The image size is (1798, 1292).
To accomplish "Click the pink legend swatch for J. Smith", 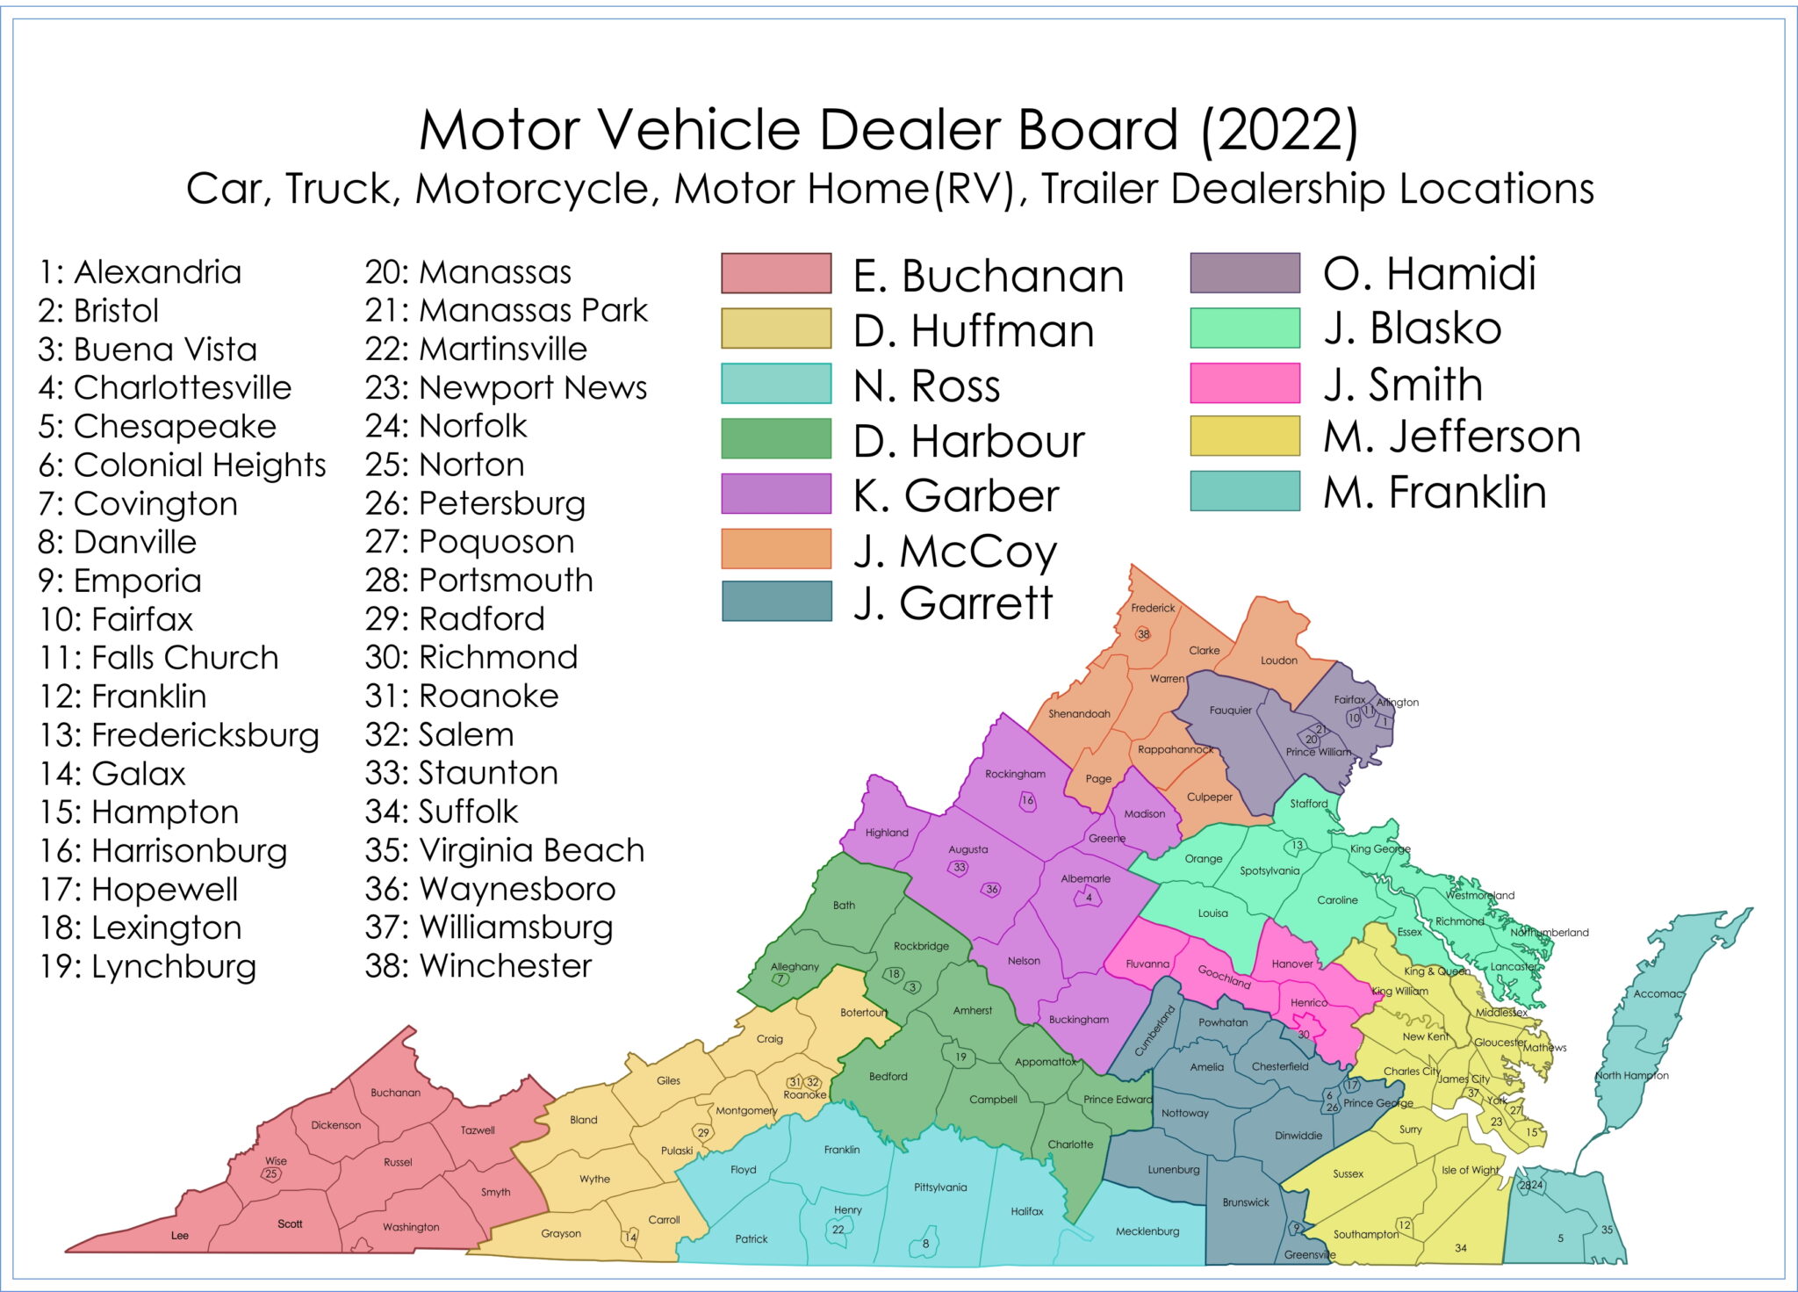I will (x=1244, y=383).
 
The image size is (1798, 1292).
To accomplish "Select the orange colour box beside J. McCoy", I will (x=776, y=549).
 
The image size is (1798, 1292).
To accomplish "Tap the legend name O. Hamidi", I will (x=1429, y=273).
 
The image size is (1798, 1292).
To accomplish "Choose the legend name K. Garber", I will (x=956, y=495).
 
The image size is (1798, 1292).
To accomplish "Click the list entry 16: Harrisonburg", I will (x=163, y=851).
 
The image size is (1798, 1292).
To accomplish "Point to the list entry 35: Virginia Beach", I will (x=505, y=850).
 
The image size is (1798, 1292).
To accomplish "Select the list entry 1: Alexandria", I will (x=140, y=272).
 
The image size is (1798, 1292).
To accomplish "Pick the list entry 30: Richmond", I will (x=471, y=657).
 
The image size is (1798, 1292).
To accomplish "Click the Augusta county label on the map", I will (x=967, y=849).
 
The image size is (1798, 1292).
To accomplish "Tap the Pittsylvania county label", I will (x=940, y=1187).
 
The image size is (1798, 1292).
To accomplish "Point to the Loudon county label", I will (x=1278, y=660).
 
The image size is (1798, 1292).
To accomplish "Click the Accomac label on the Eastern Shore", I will (x=1658, y=993).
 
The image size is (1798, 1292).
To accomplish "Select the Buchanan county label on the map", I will (x=395, y=1093).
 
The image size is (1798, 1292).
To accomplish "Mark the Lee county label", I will (x=180, y=1236).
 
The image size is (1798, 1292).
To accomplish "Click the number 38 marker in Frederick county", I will (x=1143, y=634).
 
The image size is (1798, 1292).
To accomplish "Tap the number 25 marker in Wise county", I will (x=271, y=1174).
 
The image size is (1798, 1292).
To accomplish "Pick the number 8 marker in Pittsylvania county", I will (x=925, y=1244).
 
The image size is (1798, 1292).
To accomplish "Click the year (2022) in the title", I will (x=1279, y=130).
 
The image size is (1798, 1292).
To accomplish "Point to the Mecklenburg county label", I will (x=1147, y=1231).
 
